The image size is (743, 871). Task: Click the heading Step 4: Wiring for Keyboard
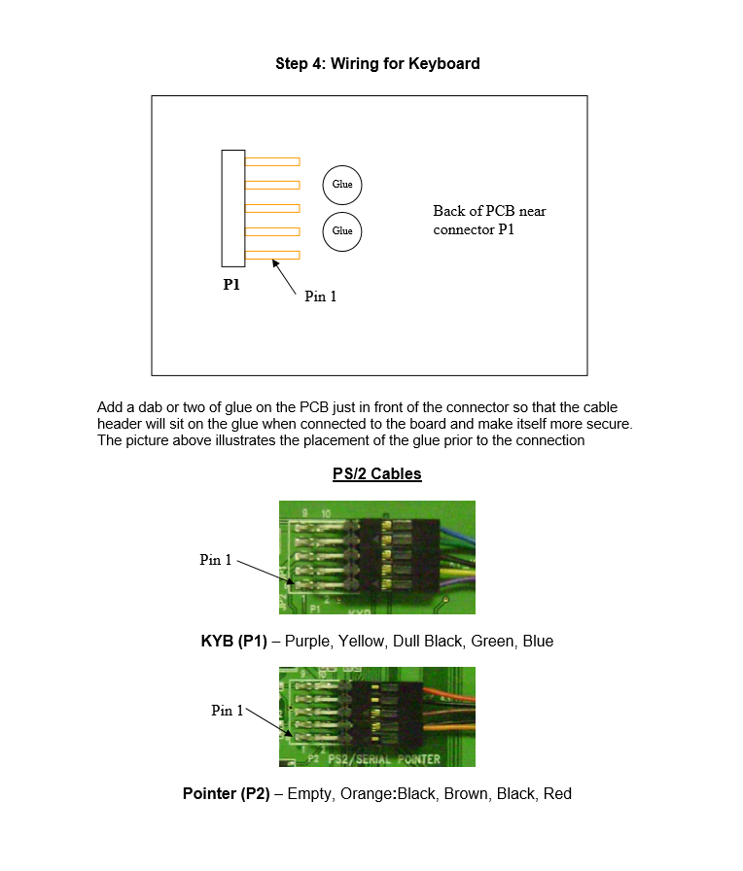377,64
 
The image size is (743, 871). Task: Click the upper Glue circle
342,184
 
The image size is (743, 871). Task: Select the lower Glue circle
342,231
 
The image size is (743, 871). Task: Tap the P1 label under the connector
231,285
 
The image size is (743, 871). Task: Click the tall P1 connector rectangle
232,208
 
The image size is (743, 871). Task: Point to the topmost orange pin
272,161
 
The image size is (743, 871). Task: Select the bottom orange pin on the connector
272,255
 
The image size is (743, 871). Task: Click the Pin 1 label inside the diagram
321,296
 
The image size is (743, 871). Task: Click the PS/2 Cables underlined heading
377,474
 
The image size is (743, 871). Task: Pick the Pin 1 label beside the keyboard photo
216,559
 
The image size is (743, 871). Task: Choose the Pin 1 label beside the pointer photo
228,711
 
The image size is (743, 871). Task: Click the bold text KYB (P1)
234,642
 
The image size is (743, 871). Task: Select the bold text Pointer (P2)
227,794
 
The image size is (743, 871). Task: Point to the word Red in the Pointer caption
557,794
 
